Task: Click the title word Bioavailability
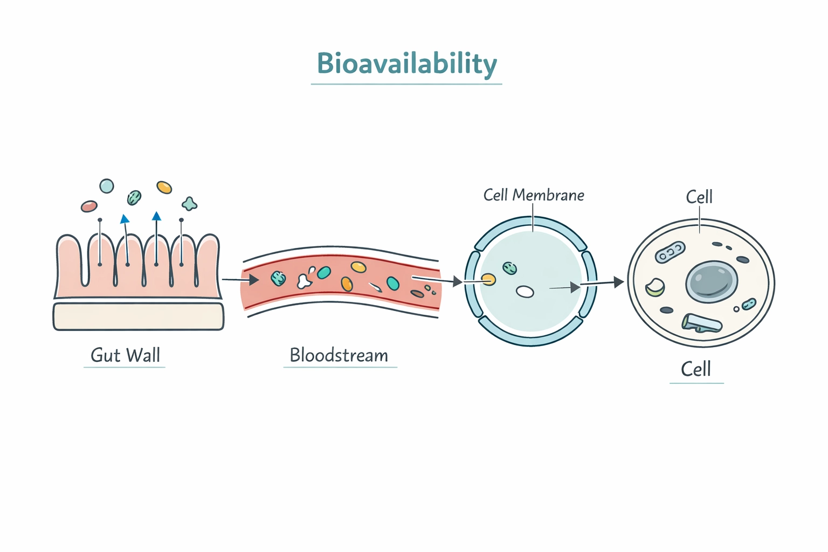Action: [406, 64]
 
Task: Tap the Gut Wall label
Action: [125, 355]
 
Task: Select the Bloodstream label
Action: [339, 355]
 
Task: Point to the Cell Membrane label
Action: [534, 195]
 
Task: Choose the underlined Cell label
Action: [696, 370]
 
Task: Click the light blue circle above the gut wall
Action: [107, 186]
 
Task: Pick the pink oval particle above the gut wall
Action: [89, 206]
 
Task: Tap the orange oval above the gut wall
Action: [164, 187]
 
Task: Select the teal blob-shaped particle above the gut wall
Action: [189, 204]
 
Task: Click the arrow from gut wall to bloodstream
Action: [240, 280]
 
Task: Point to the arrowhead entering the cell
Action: [618, 282]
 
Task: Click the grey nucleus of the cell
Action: [712, 281]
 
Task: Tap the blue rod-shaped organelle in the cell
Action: [701, 323]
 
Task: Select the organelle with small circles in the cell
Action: [670, 252]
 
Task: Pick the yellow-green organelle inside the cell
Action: [655, 287]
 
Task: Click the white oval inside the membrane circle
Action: [525, 292]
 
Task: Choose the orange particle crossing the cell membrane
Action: [488, 279]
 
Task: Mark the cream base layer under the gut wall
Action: [138, 316]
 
